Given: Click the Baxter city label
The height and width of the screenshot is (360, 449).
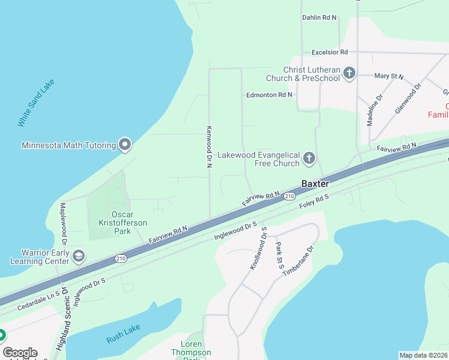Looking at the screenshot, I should (315, 184).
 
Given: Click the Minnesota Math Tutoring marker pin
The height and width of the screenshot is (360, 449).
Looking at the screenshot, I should (125, 145).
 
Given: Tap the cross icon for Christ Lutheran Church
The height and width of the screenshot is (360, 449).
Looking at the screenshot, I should (350, 73).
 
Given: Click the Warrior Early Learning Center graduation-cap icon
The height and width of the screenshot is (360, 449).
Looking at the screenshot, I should (78, 256).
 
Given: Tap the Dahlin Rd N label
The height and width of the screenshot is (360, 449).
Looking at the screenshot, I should (319, 18).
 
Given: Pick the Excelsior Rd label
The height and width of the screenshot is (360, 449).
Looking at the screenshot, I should (325, 53).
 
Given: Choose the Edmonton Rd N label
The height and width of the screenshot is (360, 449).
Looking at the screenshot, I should (269, 95).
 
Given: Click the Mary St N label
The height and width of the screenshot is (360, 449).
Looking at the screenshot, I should (389, 76).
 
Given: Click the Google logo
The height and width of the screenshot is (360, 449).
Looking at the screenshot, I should (20, 353).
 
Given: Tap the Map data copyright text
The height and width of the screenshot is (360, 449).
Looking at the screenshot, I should (423, 355).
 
